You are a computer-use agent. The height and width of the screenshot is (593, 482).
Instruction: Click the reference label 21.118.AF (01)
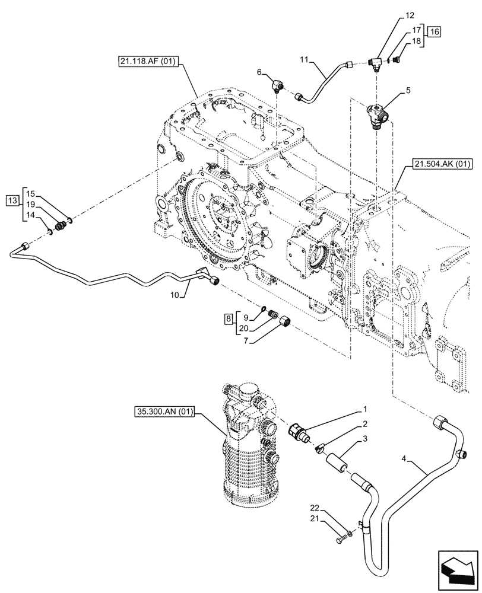click(148, 61)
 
